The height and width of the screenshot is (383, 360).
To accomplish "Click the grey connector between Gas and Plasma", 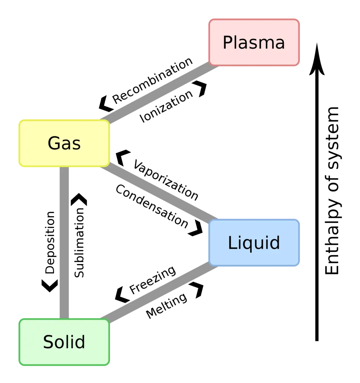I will coord(158,94).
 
